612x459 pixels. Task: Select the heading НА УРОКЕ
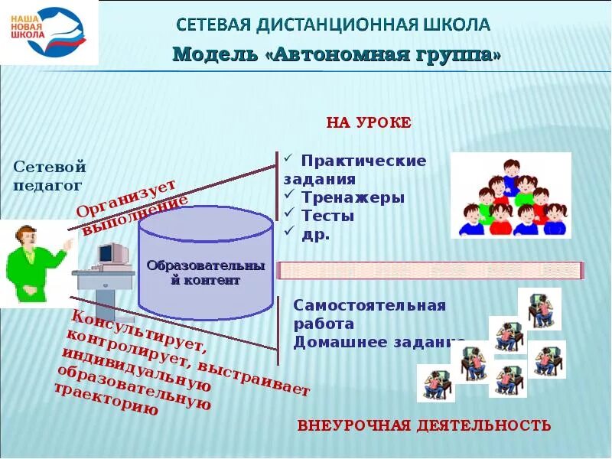pos(369,122)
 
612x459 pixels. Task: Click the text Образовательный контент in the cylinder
pos(205,273)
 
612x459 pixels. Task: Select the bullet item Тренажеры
pos(352,197)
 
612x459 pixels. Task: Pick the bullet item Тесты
pos(327,216)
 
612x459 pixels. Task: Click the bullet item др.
pos(316,234)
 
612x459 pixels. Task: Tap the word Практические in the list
pos(363,161)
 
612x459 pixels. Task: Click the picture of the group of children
pos(510,195)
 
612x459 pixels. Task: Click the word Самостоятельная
pos(369,306)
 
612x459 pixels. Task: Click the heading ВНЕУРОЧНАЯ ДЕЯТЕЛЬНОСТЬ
pos(424,425)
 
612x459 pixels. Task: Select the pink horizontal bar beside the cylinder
pos(430,270)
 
